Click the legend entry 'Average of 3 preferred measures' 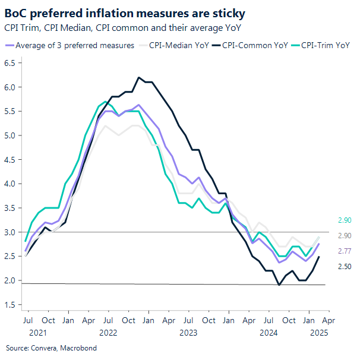(74, 45)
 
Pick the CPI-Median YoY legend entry (176, 45)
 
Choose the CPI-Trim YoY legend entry (324, 45)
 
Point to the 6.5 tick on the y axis (11, 63)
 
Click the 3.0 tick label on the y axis (11, 232)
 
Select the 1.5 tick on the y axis (11, 305)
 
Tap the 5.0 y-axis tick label (11, 135)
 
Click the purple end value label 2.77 (345, 251)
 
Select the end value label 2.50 (345, 267)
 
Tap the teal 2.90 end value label (345, 220)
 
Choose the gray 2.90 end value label (345, 236)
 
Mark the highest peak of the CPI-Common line (139, 77)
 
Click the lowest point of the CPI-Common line (279, 285)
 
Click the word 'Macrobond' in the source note (78, 348)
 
